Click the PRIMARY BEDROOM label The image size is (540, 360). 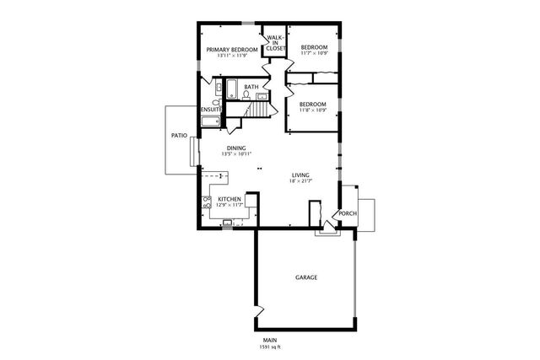pos(232,50)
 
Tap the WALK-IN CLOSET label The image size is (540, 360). pos(275,44)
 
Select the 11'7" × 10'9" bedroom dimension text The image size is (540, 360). pos(314,53)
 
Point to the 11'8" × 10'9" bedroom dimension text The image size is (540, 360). pos(314,110)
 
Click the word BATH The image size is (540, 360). pos(251,87)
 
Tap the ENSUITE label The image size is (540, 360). pos(211,110)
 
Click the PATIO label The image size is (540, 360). pos(179,135)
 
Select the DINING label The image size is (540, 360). pos(236,148)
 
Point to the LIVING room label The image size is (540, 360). pos(301,175)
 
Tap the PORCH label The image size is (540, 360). pos(348,213)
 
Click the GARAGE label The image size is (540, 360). pos(305,277)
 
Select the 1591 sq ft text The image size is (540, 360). pos(270,347)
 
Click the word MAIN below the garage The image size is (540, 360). pos(270,340)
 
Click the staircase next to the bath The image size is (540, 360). pos(258,110)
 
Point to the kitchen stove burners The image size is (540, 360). pos(207,201)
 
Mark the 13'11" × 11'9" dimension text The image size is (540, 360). pos(232,56)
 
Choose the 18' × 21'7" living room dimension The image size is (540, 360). pos(301,180)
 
